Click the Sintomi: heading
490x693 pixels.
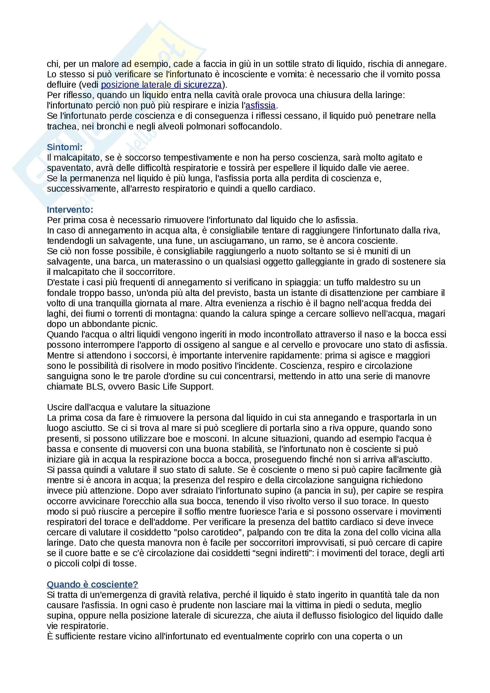(x=65, y=147)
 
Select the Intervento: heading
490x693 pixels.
(x=70, y=209)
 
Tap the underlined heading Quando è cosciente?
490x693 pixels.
(x=92, y=584)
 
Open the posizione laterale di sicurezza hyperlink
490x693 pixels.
(x=161, y=85)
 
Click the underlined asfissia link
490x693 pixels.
(x=260, y=106)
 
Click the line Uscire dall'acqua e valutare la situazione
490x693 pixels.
(x=128, y=407)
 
